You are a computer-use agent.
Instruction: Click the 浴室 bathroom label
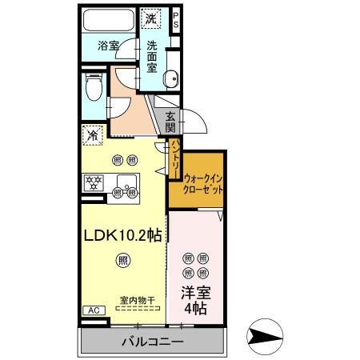pos(108,46)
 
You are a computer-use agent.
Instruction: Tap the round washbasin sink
pos(170,78)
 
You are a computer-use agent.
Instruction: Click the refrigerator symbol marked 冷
pos(94,135)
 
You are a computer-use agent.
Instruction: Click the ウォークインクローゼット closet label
pos(203,185)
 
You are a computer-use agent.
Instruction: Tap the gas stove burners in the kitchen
pos(95,182)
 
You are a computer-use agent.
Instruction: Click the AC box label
pos(92,310)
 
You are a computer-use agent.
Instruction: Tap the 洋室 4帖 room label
pos(196,300)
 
